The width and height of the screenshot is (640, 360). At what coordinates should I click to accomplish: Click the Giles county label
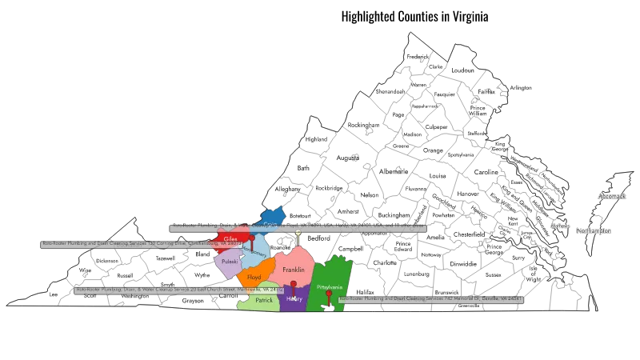(230, 238)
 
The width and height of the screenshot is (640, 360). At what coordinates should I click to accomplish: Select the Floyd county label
(254, 277)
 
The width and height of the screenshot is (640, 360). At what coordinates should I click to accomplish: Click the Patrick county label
(264, 300)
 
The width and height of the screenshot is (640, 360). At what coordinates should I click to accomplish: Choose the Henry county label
(294, 299)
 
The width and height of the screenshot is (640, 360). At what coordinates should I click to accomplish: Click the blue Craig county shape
(271, 217)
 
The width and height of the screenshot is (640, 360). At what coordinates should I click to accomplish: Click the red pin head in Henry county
(294, 285)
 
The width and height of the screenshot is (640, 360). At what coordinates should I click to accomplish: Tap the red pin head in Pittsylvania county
(329, 294)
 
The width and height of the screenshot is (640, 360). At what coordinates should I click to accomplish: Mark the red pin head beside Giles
(250, 238)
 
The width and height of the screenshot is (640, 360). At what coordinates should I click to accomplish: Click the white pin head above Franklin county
(298, 233)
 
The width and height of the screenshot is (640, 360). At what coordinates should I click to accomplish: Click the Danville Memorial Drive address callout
(431, 299)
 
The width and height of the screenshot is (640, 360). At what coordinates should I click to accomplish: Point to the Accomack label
(611, 195)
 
